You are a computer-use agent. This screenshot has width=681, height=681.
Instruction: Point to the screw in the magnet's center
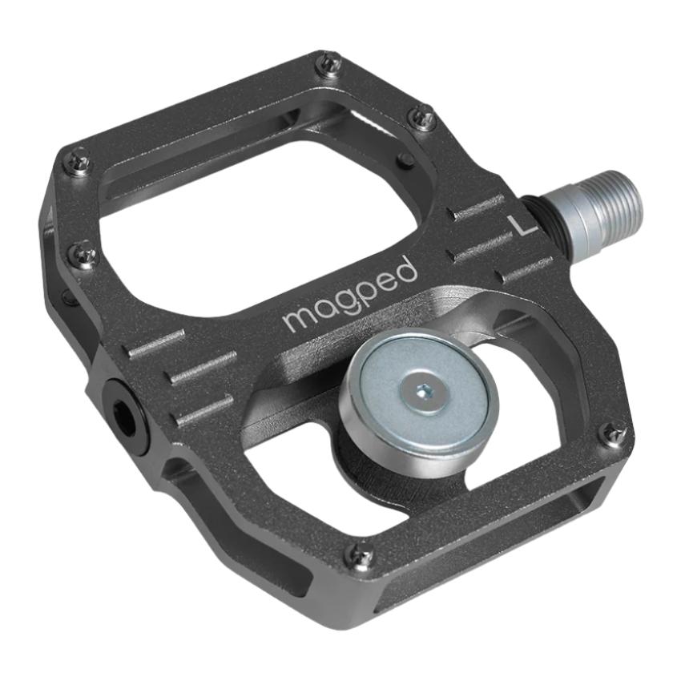[423, 390]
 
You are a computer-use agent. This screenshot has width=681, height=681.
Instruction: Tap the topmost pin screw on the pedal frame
[328, 63]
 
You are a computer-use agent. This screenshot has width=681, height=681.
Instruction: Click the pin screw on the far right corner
[614, 433]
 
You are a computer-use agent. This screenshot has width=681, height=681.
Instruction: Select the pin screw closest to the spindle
[422, 118]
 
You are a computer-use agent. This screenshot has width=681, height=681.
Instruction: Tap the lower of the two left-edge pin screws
[83, 256]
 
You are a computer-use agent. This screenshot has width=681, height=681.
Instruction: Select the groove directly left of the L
[478, 212]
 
